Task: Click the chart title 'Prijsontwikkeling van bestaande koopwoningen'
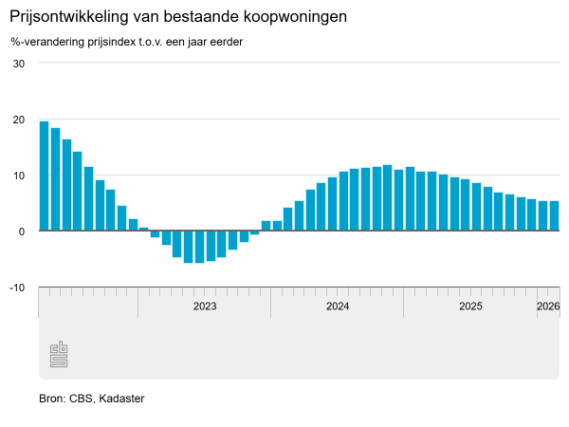pyautogui.click(x=178, y=18)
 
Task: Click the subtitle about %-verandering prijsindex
pyautogui.click(x=127, y=43)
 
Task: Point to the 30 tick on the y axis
pyautogui.click(x=18, y=64)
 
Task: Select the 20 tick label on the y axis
pyautogui.click(x=18, y=120)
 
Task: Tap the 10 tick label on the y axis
pyautogui.click(x=18, y=176)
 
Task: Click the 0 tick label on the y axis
pyautogui.click(x=21, y=231)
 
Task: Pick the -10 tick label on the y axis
pyautogui.click(x=16, y=287)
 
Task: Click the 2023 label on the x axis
pyautogui.click(x=205, y=306)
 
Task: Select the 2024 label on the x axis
pyautogui.click(x=338, y=306)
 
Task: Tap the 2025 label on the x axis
pyautogui.click(x=470, y=306)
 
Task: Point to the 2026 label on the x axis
pyautogui.click(x=548, y=306)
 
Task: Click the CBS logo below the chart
pyautogui.click(x=59, y=355)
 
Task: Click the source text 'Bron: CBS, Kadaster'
pyautogui.click(x=91, y=399)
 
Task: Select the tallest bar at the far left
pyautogui.click(x=45, y=176)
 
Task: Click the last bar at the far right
pyautogui.click(x=555, y=215)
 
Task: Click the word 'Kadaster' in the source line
pyautogui.click(x=121, y=399)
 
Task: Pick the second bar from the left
pyautogui.click(x=56, y=179)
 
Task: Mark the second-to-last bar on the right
pyautogui.click(x=543, y=215)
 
